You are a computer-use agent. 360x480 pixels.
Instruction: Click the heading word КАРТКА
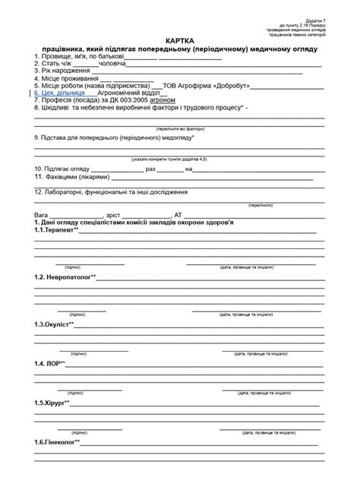180,39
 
